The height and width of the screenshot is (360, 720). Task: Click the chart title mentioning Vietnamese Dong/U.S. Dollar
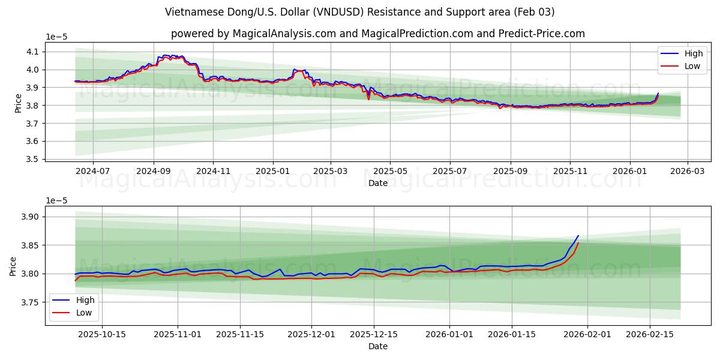tap(360, 12)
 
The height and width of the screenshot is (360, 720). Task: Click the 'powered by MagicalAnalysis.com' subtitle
tap(378, 34)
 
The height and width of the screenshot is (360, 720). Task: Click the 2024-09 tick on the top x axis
tap(154, 171)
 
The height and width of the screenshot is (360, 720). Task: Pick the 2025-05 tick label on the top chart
tap(390, 171)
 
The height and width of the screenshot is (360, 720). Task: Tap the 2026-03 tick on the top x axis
tap(687, 171)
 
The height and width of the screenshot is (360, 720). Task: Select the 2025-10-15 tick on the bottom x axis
tap(101, 334)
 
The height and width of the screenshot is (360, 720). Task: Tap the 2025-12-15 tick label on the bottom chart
tap(374, 334)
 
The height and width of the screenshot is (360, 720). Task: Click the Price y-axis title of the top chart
tap(18, 103)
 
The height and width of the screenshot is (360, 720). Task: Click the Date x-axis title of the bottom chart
tap(378, 346)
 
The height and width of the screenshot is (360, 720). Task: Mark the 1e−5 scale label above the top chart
tap(57, 37)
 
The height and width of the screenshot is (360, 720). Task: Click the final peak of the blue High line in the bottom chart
tap(578, 236)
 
